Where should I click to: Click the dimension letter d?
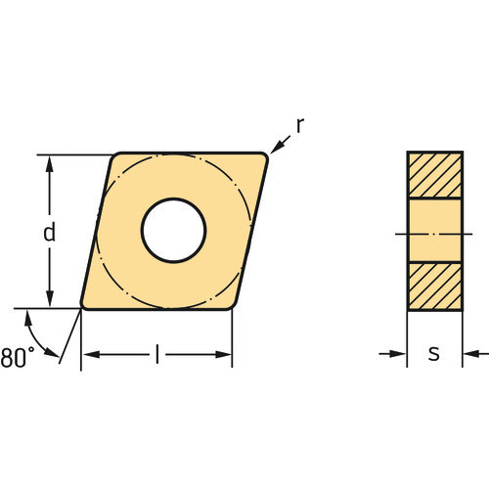(x=49, y=233)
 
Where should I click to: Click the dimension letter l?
(x=156, y=354)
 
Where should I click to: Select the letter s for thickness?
(x=433, y=354)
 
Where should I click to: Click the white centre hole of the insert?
(x=173, y=231)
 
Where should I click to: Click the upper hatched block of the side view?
(x=434, y=175)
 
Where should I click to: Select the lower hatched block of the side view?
(x=434, y=287)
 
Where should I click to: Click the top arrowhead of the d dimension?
(x=49, y=160)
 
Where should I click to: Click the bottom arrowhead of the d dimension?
(x=49, y=302)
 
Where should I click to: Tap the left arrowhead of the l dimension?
(x=88, y=354)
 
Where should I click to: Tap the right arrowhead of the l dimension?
(x=226, y=354)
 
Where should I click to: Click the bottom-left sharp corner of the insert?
(x=82, y=307)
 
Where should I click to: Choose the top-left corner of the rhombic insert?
(x=116, y=156)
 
